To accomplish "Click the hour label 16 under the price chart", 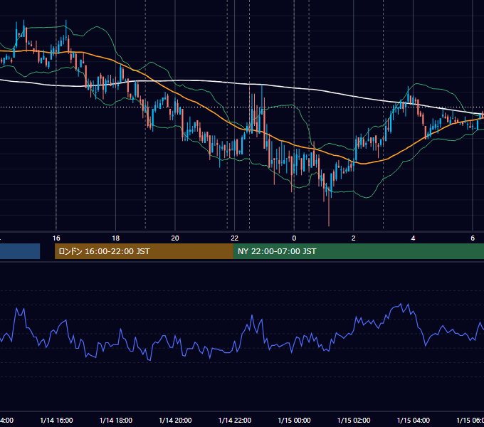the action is [x=56, y=238].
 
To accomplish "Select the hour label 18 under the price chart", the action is [x=116, y=238].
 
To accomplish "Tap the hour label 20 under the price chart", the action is [x=175, y=238].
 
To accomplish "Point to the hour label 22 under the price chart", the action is [x=235, y=238].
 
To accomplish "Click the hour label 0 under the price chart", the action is [x=294, y=238].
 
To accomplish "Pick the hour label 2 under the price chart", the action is [x=354, y=238].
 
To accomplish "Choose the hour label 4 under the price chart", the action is [x=413, y=238].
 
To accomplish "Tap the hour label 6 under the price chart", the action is [x=473, y=238].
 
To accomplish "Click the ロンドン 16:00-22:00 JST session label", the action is [x=104, y=251].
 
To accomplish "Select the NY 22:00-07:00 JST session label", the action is [x=277, y=251].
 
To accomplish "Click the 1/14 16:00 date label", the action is [x=56, y=421].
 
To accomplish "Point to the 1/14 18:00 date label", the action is [x=116, y=421].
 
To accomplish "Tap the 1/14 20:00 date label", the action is [x=175, y=421].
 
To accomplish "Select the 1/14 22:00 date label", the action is [x=235, y=421].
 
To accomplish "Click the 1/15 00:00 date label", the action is [x=294, y=421].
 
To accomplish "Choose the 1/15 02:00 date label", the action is [x=354, y=421].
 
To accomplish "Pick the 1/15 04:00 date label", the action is [x=414, y=421].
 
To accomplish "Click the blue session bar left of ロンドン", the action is [x=20, y=251].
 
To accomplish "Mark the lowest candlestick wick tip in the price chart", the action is [x=329, y=226].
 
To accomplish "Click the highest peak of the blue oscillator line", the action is [x=401, y=304].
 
